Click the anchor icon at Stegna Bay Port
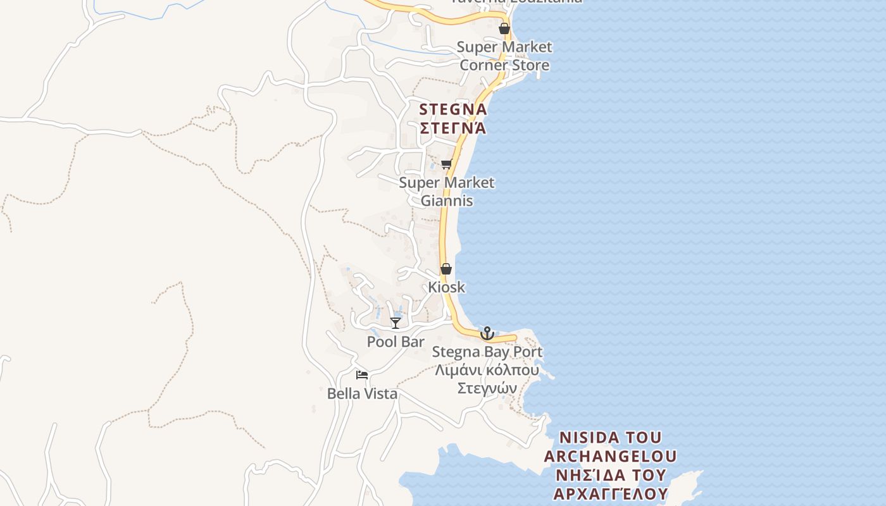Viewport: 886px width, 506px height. pos(487,333)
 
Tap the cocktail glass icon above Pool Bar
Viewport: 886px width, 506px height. pos(396,323)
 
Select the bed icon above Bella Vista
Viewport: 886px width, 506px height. pos(362,375)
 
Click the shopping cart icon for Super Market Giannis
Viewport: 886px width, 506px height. pos(446,165)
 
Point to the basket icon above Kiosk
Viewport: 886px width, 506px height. pos(446,269)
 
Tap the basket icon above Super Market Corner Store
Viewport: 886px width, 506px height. pos(504,28)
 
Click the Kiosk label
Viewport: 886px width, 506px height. pos(446,287)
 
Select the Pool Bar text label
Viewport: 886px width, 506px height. pos(396,342)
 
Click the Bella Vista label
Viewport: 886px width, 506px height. pos(362,393)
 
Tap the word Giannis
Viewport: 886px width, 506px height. pos(447,201)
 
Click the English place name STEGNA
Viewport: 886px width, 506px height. pos(453,109)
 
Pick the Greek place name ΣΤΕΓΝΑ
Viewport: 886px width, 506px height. pos(453,128)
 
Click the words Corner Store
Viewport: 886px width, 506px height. pos(504,65)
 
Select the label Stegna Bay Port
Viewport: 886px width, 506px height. pos(487,352)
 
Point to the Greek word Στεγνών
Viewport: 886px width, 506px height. pos(487,388)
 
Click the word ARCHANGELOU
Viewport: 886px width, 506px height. pos(610,456)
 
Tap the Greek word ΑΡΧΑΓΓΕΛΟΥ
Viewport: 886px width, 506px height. pos(610,493)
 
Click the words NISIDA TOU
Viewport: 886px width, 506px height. pos(611,438)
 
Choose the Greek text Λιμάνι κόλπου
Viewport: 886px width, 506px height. pos(487,370)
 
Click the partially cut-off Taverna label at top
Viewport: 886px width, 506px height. pos(516,2)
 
